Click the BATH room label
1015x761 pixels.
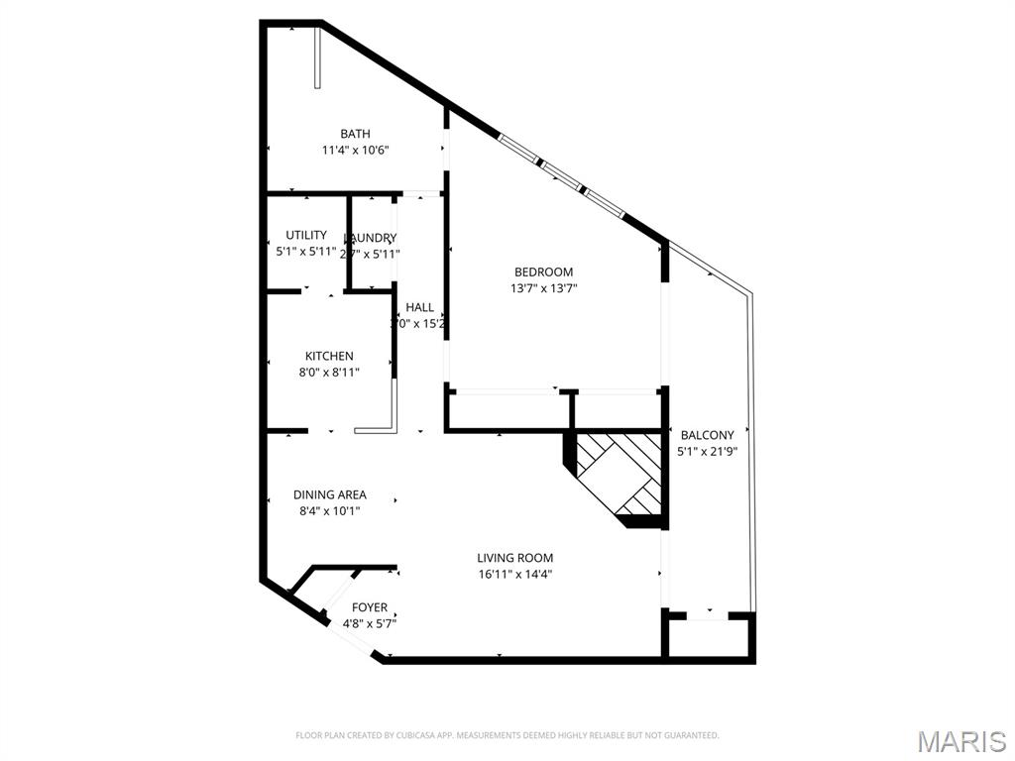pyautogui.click(x=355, y=134)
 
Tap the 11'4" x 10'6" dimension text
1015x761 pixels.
pyautogui.click(x=355, y=151)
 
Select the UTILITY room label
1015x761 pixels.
pyautogui.click(x=306, y=235)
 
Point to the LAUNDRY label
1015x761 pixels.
pyautogui.click(x=371, y=238)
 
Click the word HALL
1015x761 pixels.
pyautogui.click(x=419, y=307)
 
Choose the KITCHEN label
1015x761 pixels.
pyautogui.click(x=329, y=356)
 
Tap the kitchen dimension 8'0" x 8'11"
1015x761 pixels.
pyautogui.click(x=329, y=373)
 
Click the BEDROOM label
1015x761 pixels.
pyautogui.click(x=543, y=272)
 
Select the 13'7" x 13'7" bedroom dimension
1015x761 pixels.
pyautogui.click(x=543, y=289)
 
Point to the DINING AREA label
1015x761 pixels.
pyautogui.click(x=329, y=494)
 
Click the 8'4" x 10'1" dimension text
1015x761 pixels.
pyautogui.click(x=329, y=511)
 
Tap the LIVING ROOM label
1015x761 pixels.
pyautogui.click(x=514, y=558)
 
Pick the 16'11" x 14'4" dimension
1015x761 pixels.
pyautogui.click(x=514, y=575)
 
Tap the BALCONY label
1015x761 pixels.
pyautogui.click(x=708, y=435)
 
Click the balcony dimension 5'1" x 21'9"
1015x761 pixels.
pyautogui.click(x=708, y=452)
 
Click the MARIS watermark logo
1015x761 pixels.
pyautogui.click(x=961, y=740)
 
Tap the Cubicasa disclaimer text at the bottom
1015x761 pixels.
pyautogui.click(x=507, y=735)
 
